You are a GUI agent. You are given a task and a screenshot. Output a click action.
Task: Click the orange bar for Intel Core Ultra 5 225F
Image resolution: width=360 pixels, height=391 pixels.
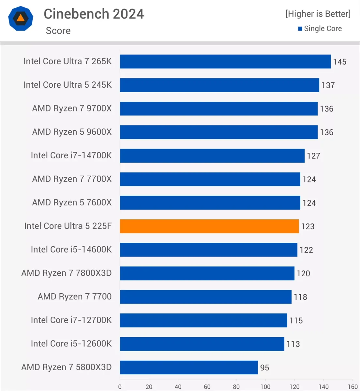tap(209, 226)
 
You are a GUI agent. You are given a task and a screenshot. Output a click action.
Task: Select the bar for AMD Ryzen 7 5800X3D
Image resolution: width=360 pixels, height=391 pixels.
tap(189, 367)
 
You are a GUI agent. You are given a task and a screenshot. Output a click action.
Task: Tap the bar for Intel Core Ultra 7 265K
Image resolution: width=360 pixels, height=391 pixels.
tap(225, 62)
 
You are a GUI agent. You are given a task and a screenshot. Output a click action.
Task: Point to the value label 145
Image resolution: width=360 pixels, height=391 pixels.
tap(339, 62)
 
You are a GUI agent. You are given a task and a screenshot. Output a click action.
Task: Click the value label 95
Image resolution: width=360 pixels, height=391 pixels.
tap(264, 368)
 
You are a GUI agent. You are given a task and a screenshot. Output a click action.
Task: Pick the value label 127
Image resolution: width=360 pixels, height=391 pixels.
tap(313, 156)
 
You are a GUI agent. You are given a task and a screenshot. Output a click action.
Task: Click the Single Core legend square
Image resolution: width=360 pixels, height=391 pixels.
tap(300, 29)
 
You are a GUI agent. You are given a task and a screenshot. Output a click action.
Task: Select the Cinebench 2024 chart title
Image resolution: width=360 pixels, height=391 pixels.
tap(94, 14)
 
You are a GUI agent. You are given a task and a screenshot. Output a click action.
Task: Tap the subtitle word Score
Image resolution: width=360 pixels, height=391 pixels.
tap(58, 31)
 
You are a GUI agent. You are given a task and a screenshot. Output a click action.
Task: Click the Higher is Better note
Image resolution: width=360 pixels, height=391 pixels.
tap(318, 14)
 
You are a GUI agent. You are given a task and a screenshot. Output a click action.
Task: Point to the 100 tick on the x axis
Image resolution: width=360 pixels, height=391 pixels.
tap(265, 387)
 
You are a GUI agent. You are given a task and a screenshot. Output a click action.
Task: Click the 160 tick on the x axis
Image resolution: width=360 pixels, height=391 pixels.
tap(352, 387)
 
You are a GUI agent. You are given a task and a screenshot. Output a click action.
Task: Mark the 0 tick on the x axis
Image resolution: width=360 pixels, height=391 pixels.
tap(120, 387)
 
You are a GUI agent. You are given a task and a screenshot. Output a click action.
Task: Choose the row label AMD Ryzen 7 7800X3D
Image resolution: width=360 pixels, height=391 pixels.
tap(67, 273)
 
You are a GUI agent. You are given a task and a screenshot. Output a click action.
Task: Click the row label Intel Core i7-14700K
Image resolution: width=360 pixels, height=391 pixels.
tap(71, 155)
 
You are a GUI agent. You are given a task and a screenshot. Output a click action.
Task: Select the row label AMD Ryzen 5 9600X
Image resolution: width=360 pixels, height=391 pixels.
tap(72, 132)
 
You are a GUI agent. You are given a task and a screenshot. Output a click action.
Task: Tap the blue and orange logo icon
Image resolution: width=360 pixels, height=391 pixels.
tap(21, 18)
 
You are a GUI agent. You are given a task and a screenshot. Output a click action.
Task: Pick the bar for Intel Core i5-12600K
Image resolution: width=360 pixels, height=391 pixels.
tap(202, 344)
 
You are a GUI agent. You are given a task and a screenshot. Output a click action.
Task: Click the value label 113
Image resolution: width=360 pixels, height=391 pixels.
tap(293, 344)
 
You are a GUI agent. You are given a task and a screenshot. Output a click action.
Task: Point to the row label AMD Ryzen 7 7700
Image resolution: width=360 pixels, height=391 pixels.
tap(75, 297)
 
